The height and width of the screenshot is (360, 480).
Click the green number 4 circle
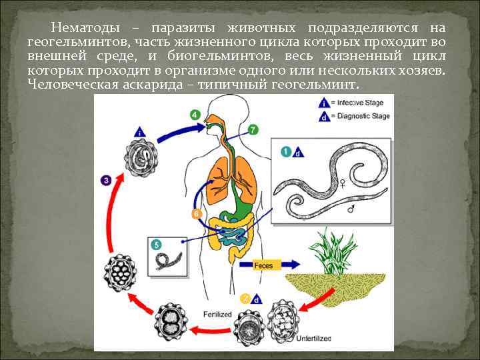pyautogui.click(x=195, y=115)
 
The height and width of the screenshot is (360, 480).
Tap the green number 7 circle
pyautogui.click(x=253, y=129)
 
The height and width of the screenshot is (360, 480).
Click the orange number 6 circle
pyautogui.click(x=196, y=213)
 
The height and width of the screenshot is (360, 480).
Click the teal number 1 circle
pyautogui.click(x=285, y=152)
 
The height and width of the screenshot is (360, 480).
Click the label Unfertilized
pyautogui.click(x=313, y=339)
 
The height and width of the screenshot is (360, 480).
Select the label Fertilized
pyautogui.click(x=218, y=313)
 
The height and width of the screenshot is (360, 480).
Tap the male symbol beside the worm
pyautogui.click(x=352, y=208)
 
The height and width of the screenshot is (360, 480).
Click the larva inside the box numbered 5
pyautogui.click(x=165, y=259)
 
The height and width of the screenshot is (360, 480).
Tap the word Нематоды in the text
pyautogui.click(x=85, y=28)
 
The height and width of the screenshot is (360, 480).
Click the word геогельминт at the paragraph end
pyautogui.click(x=314, y=85)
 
